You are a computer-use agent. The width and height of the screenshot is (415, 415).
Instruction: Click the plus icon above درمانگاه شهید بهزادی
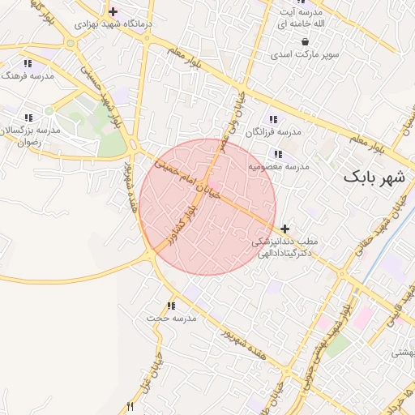pos(112,12)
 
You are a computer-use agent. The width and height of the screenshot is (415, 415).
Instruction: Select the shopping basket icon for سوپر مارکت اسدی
pos(304,41)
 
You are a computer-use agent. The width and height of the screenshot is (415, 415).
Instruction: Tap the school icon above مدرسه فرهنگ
pos(28,63)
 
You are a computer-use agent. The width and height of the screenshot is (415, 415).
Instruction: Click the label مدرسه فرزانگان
pos(277,131)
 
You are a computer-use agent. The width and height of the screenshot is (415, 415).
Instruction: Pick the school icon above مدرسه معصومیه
pos(278,154)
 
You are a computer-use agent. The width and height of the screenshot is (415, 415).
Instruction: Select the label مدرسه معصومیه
pos(279,166)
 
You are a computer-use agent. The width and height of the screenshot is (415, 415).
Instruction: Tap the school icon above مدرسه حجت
pos(170,306)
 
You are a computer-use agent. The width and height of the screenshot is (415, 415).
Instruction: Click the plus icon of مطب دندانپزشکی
pos(285,229)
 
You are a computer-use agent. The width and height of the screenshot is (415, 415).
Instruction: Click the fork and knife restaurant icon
pos(128,407)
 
